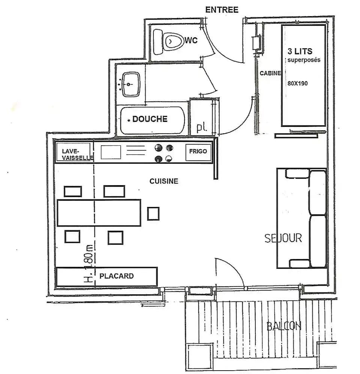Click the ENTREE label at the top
(x=222, y=10)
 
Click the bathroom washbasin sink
(x=130, y=84)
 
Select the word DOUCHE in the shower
(x=150, y=119)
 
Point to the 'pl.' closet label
(x=202, y=127)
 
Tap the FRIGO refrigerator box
(x=198, y=152)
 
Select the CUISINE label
(x=164, y=181)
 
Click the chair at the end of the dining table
(x=153, y=213)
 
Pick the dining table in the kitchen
(x=99, y=213)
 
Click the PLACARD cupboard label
(x=116, y=276)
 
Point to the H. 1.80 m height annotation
(x=89, y=263)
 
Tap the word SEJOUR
(x=283, y=238)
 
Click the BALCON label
(x=284, y=326)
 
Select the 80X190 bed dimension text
(x=297, y=83)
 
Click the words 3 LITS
(x=300, y=51)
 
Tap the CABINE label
(x=270, y=73)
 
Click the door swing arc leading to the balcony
(x=234, y=270)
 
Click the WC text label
(x=191, y=40)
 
